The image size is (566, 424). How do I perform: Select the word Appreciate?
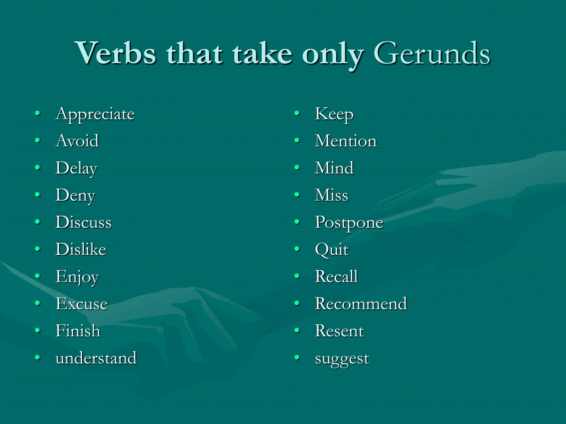[95, 114]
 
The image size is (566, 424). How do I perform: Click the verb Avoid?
[77, 141]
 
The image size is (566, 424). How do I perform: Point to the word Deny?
[75, 196]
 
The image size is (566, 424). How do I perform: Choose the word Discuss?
[83, 222]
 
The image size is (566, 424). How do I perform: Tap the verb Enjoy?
[77, 277]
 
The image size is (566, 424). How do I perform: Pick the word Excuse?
[82, 304]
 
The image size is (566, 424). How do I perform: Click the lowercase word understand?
[96, 358]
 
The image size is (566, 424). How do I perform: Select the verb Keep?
[334, 114]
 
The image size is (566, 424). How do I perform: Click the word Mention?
[346, 141]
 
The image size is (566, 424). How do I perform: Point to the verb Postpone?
[349, 223]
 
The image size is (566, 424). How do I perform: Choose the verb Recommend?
[361, 304]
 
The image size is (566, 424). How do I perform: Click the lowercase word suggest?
[342, 359]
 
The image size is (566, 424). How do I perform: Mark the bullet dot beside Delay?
[38, 168]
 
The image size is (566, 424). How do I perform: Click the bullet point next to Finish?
[38, 330]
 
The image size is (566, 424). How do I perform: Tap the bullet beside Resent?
[297, 330]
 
